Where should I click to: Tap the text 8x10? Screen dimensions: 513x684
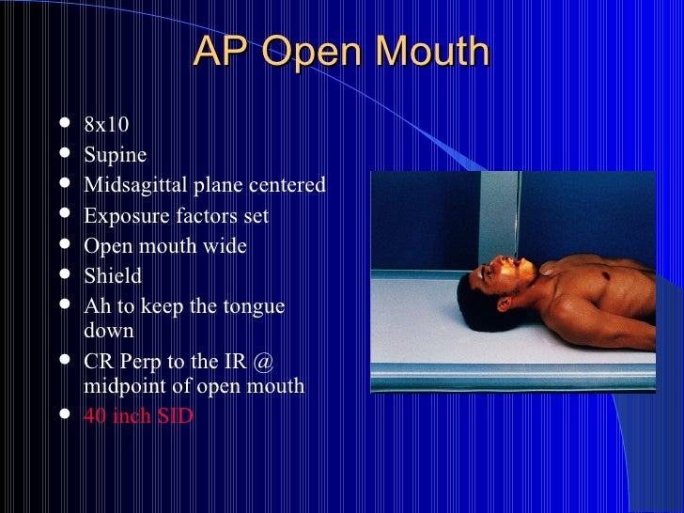106,125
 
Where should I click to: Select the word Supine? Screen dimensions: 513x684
116,155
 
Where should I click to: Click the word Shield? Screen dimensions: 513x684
113,276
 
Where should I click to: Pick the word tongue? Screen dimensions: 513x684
255,306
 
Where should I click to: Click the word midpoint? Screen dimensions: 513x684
123,385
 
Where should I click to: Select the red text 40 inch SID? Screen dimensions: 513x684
138,415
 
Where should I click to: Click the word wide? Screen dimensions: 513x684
228,246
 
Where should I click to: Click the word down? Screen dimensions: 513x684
109,331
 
